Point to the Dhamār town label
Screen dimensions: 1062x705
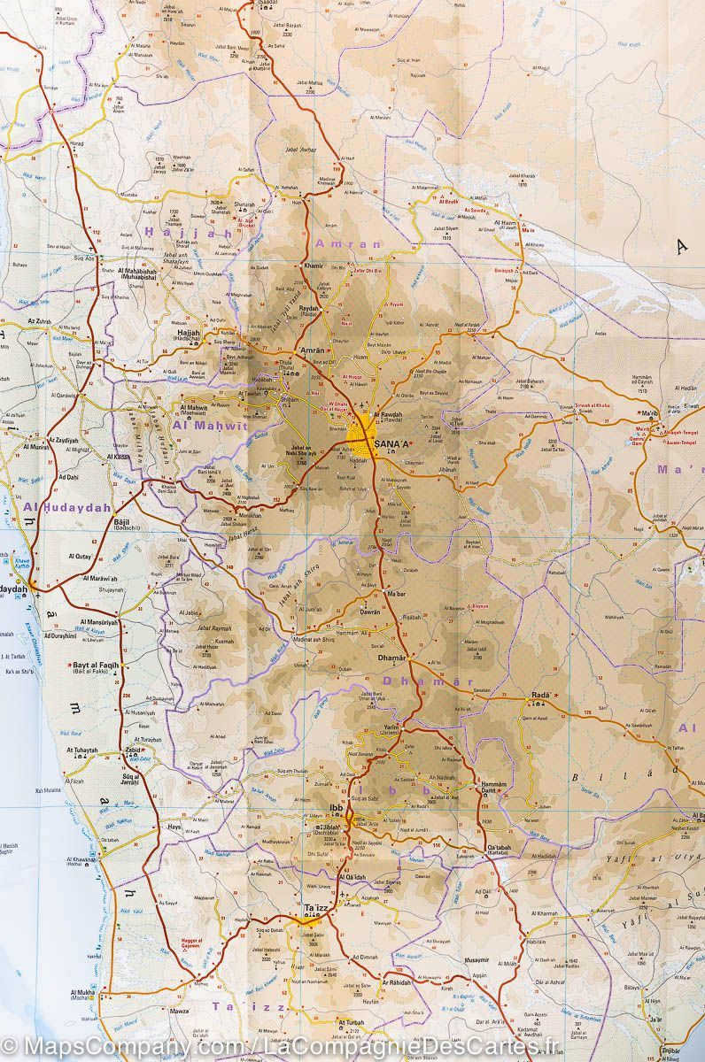pos(391,658)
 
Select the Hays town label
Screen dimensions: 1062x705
pos(174,827)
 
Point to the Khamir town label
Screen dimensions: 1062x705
pos(314,265)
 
